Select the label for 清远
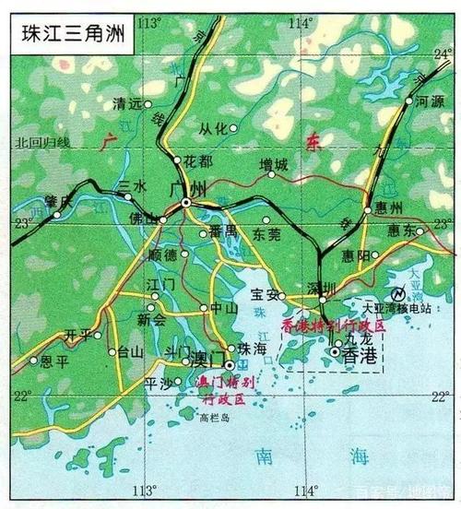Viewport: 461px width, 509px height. [x=126, y=104]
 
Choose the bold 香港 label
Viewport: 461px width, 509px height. [x=360, y=355]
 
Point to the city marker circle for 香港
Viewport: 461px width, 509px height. [x=336, y=351]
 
